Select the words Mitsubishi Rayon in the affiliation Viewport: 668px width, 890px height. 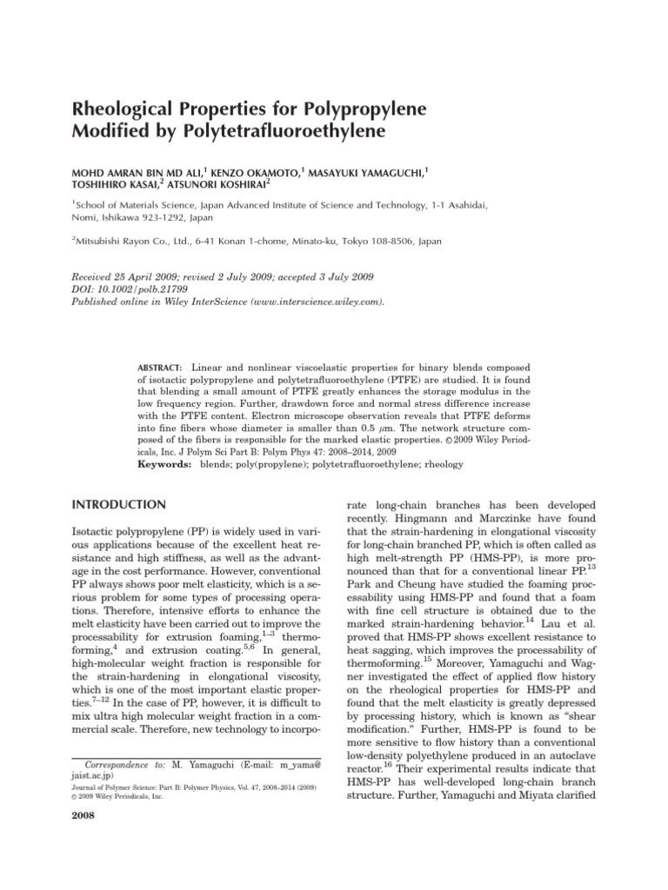117,246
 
